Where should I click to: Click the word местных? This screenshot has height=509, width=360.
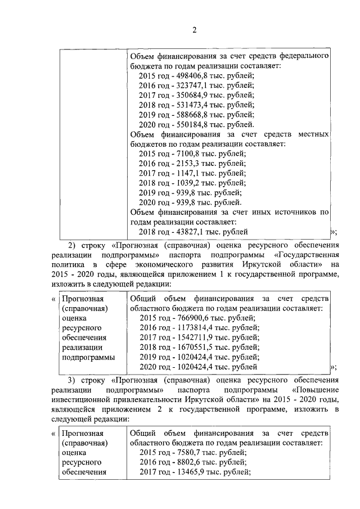309,134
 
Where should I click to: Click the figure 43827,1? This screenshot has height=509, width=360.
191,231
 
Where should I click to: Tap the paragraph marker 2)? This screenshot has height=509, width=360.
73,245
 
